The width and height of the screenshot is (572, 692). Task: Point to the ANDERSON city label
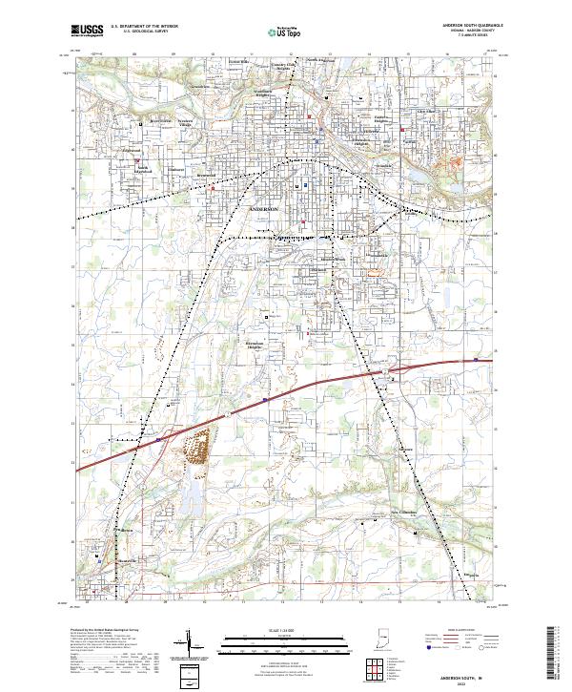pos(264,207)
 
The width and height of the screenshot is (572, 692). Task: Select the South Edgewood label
pos(143,170)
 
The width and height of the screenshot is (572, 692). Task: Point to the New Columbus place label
pos(409,510)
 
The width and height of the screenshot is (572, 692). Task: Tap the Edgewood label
pos(131,150)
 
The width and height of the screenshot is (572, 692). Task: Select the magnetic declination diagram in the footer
pos(191,644)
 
